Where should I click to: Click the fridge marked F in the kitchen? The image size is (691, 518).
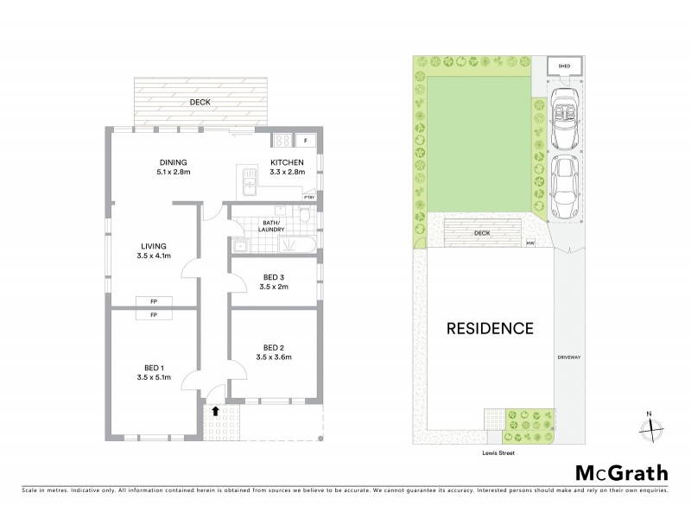pos(305,140)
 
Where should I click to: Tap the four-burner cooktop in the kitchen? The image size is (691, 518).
pos(282,140)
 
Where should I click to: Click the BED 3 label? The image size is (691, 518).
pos(276,277)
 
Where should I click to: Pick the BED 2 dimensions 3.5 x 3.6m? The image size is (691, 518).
pos(276,359)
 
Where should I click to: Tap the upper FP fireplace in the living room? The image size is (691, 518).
pos(154,301)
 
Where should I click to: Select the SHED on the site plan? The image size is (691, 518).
pos(566,66)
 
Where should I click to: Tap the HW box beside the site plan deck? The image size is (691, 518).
pos(529,243)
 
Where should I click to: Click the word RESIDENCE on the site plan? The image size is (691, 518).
pos(490,329)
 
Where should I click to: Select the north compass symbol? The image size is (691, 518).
pos(651,426)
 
